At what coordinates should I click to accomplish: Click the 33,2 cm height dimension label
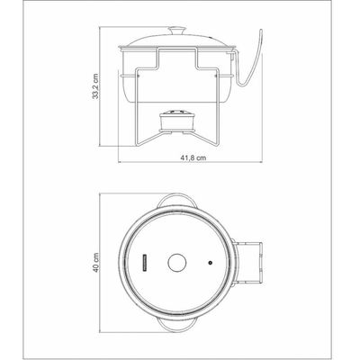click(95, 86)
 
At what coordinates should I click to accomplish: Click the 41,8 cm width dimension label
click(193, 157)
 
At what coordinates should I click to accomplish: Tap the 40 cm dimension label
click(95, 263)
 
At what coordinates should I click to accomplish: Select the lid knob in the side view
click(177, 31)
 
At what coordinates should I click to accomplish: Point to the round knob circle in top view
click(177, 264)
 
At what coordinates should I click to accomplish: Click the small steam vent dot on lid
click(210, 263)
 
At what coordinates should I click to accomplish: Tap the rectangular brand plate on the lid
click(145, 264)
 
